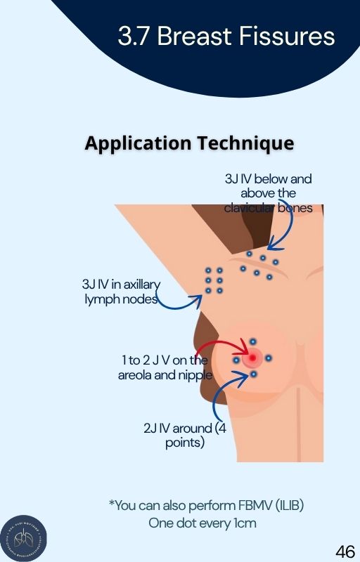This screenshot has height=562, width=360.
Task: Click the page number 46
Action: coord(345,551)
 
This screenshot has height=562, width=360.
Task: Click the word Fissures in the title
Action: coord(287,37)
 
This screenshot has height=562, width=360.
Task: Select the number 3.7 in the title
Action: coord(133,37)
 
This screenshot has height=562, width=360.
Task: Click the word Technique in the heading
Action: coord(245,143)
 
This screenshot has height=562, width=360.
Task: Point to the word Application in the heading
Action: coord(138,144)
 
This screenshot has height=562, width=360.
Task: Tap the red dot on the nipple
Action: coord(253,358)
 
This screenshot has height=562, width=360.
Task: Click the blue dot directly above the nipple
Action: coord(253,341)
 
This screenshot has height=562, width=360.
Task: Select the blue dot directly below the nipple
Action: coord(254,374)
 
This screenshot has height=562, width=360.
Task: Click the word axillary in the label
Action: coord(141,285)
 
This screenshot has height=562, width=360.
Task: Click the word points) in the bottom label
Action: coord(185,443)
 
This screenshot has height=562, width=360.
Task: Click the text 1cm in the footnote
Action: coord(245,523)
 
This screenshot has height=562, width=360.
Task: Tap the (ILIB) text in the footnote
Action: coord(290,505)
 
